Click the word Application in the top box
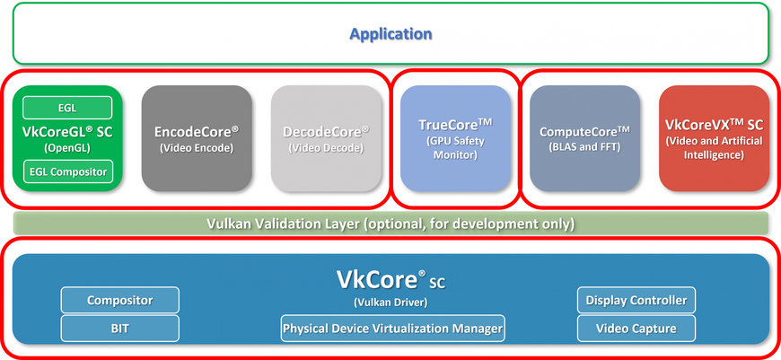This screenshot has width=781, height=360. click(390, 34)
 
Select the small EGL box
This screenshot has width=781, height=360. click(66, 108)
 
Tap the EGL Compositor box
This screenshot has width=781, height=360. click(66, 171)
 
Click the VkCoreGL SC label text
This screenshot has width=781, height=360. click(66, 131)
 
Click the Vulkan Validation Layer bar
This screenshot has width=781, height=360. click(390, 223)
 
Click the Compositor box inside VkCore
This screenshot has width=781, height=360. click(119, 300)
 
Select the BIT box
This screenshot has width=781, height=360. click(119, 328)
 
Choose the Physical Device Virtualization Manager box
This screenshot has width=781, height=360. click(392, 329)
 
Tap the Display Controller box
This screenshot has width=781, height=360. click(636, 300)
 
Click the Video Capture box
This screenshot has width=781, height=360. click(636, 328)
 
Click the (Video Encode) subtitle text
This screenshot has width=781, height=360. click(197, 148)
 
